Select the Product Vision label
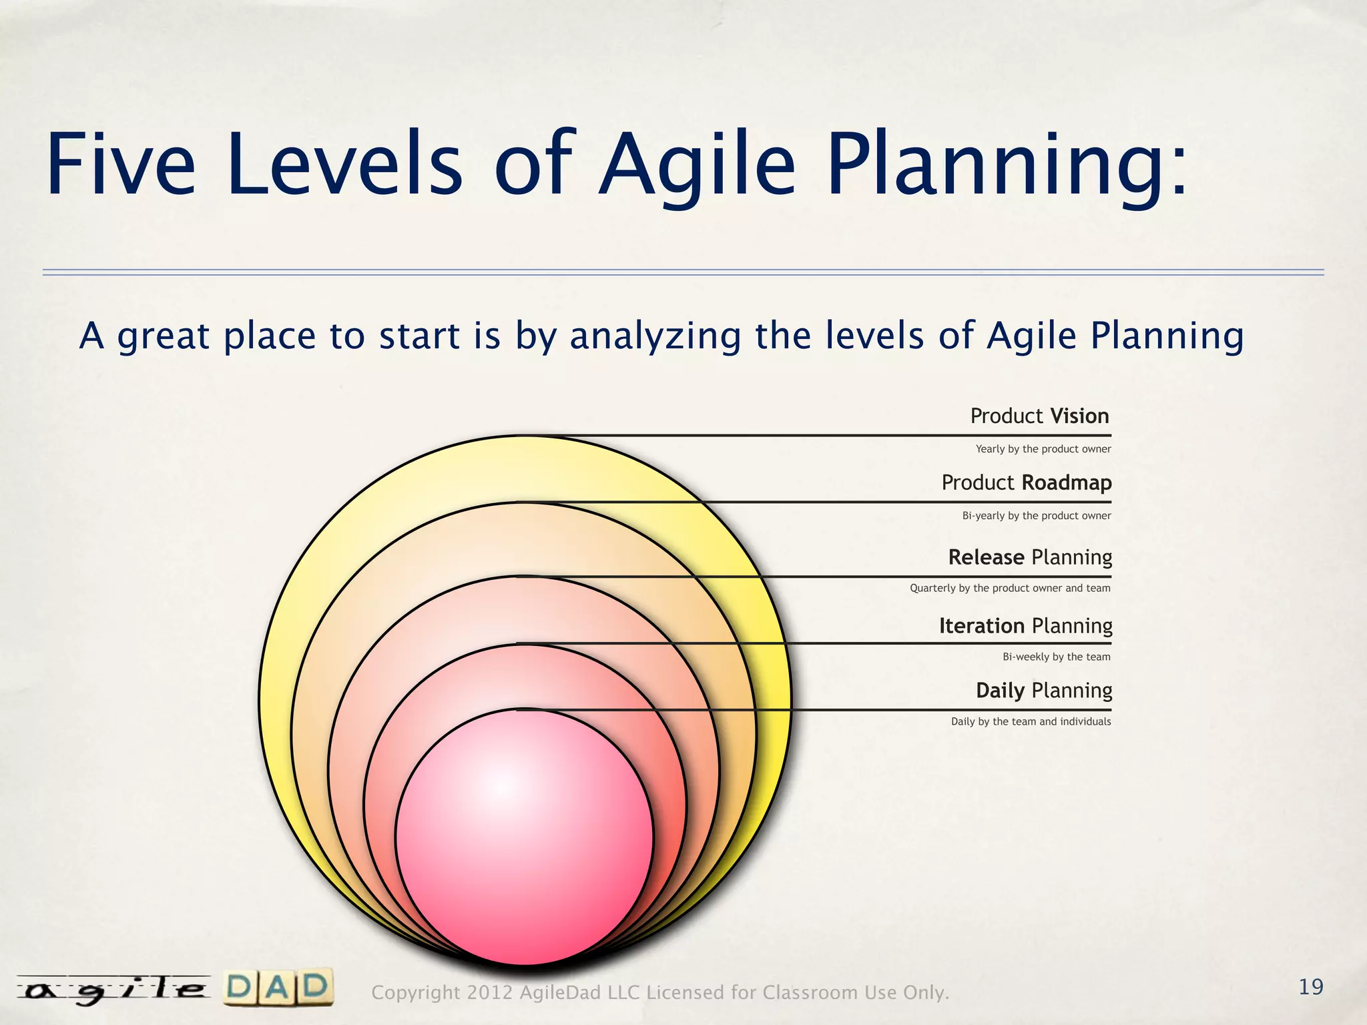[1039, 416]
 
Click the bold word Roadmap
[1066, 482]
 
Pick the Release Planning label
[1030, 557]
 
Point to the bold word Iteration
[981, 626]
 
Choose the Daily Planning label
[1044, 691]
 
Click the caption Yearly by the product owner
[1043, 449]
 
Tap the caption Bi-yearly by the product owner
[1037, 516]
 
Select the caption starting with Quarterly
[1010, 589]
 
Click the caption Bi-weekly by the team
[1057, 657]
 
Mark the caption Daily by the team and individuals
[1031, 722]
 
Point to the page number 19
[1311, 987]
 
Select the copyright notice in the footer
[660, 993]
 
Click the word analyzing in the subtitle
[655, 336]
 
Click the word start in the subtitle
[419, 336]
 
